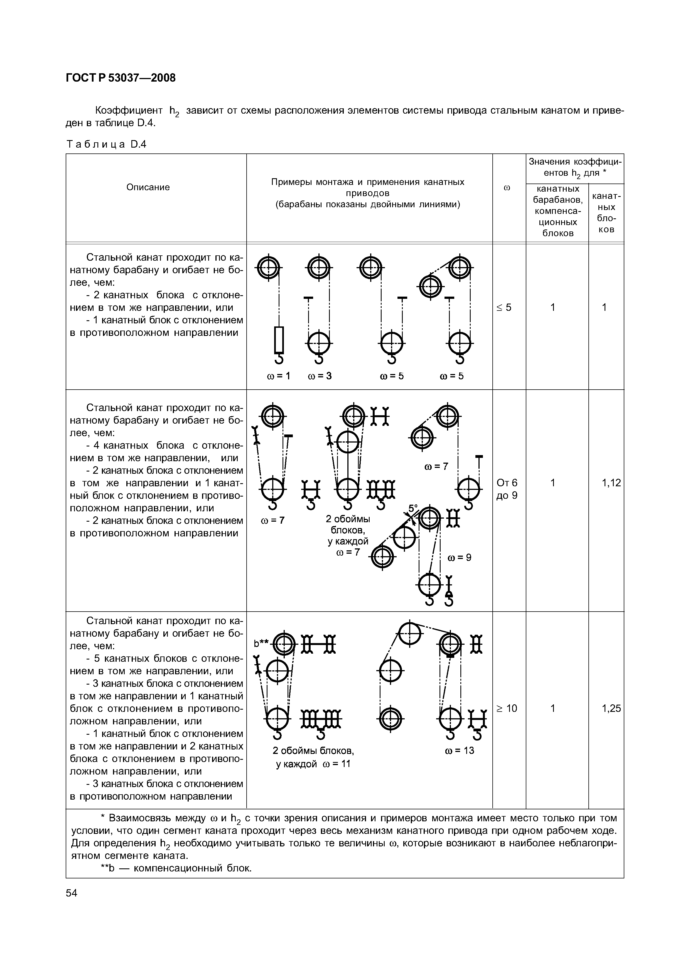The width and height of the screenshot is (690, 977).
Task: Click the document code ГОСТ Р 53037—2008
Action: (x=121, y=78)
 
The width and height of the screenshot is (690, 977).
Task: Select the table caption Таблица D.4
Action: (x=106, y=144)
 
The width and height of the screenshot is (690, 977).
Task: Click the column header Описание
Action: (x=148, y=187)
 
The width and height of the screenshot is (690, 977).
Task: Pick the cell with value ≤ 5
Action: (x=504, y=307)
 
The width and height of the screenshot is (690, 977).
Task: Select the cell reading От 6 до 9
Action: (x=507, y=489)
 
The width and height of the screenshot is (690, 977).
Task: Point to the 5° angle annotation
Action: (x=413, y=508)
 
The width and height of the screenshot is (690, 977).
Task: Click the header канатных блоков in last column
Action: (x=606, y=212)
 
